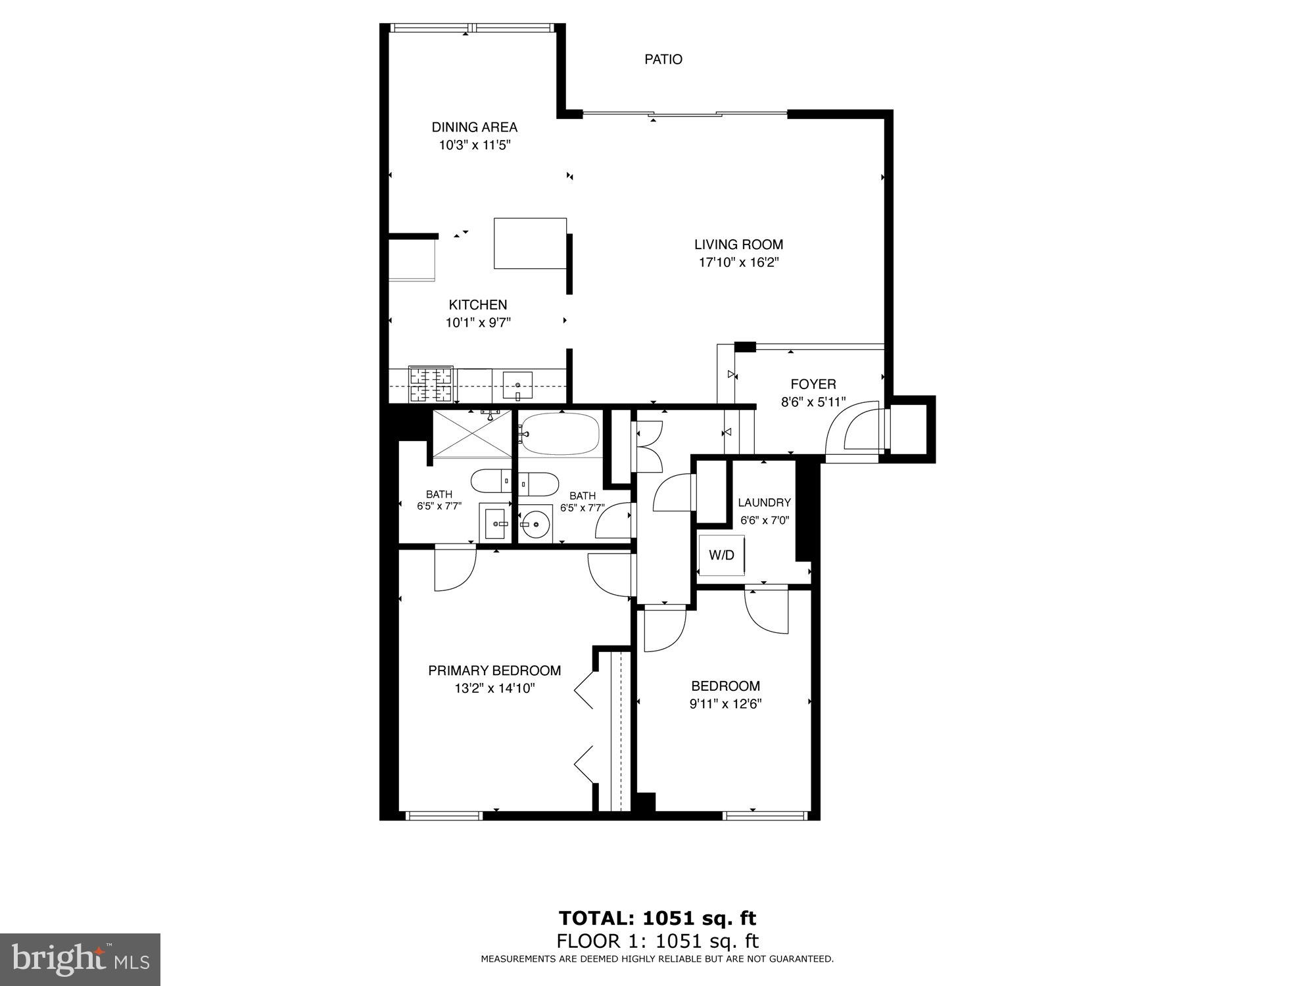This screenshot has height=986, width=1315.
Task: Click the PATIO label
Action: click(663, 60)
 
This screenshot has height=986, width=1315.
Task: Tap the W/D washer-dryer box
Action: click(721, 555)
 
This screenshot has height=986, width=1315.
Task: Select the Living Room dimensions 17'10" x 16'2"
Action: click(738, 263)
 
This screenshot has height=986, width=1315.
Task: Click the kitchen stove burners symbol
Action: click(431, 385)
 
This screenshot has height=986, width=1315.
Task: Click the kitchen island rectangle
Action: click(530, 244)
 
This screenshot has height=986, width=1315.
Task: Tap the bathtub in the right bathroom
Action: click(560, 434)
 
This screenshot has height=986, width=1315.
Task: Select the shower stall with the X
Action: click(472, 433)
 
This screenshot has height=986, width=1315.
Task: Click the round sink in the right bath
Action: click(536, 525)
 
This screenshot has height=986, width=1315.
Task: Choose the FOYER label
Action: click(813, 385)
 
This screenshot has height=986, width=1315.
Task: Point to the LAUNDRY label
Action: click(764, 503)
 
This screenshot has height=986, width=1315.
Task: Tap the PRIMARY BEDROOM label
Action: click(494, 670)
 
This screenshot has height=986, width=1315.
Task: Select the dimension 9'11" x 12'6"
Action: click(725, 704)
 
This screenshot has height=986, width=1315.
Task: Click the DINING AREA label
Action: click(474, 128)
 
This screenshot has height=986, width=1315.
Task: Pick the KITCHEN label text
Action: click(477, 305)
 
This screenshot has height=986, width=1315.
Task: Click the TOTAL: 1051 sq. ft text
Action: click(657, 918)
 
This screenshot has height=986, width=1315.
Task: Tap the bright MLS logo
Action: click(80, 960)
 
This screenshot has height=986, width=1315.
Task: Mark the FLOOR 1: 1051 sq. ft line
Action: click(657, 941)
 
